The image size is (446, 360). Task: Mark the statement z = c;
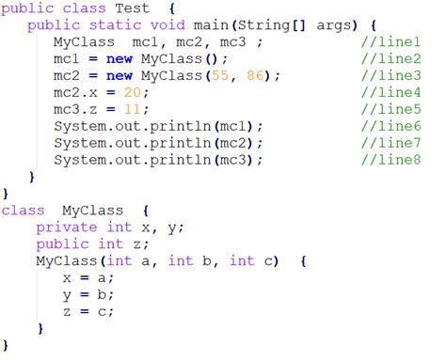coord(88,310)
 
